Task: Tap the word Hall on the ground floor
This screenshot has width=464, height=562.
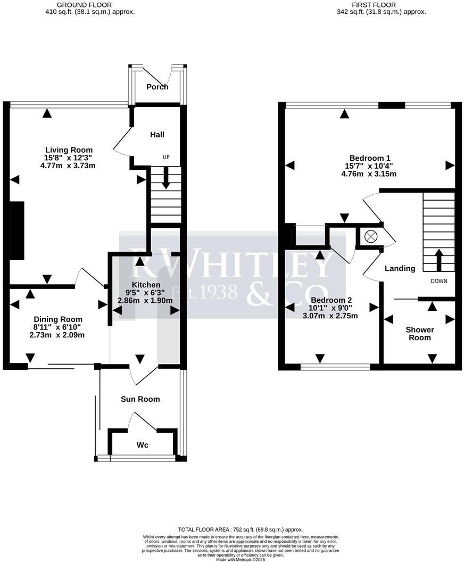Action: (157, 135)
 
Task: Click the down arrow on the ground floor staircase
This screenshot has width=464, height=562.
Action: (165, 179)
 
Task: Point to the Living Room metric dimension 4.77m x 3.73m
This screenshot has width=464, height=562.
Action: (68, 166)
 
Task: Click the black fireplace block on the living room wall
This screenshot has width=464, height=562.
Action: (17, 230)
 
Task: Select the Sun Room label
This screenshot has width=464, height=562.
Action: (140, 399)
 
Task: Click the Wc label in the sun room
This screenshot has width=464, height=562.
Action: (142, 445)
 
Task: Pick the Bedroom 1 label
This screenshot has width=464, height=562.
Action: (370, 158)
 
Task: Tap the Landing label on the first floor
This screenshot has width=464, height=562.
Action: (400, 268)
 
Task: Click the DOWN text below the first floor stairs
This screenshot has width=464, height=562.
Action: (439, 281)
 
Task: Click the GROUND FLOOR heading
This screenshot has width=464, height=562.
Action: (90, 5)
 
